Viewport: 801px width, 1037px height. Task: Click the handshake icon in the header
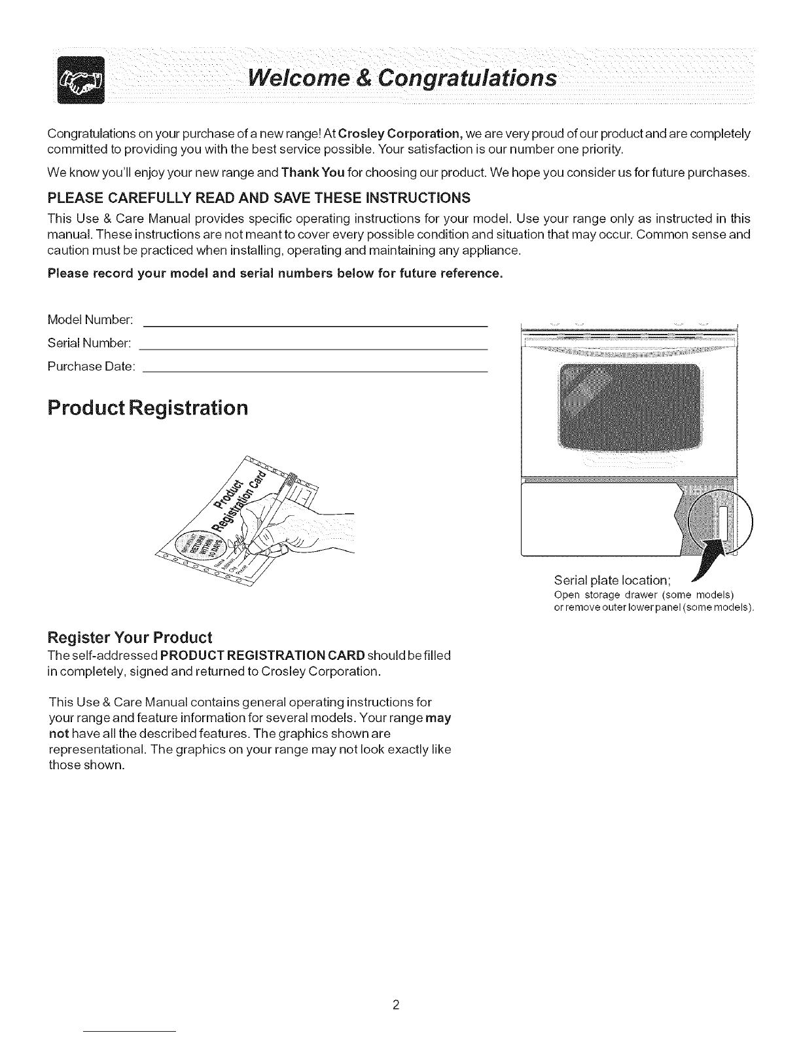(x=81, y=81)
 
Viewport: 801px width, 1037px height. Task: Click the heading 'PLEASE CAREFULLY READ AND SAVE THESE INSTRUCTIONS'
(x=259, y=198)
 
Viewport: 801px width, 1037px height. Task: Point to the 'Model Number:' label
(x=91, y=320)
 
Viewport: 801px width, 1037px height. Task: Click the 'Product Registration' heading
(x=149, y=407)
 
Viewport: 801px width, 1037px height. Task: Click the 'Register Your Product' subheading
(x=130, y=638)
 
